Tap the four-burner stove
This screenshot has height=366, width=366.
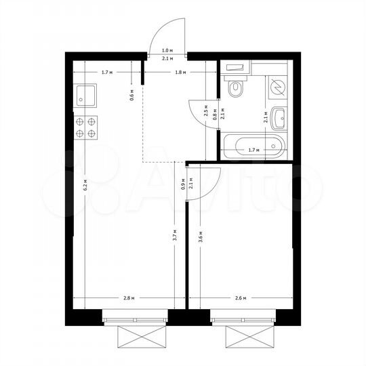(87, 127)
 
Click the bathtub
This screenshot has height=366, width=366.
(254, 145)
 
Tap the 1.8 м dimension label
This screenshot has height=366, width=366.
(180, 72)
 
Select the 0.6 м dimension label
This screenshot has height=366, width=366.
(134, 96)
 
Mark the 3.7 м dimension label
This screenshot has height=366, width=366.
(174, 236)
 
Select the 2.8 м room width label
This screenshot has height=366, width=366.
(129, 298)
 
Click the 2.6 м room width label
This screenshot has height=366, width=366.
(240, 298)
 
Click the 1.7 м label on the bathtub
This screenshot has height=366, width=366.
(253, 149)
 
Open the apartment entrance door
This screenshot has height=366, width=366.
(167, 34)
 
